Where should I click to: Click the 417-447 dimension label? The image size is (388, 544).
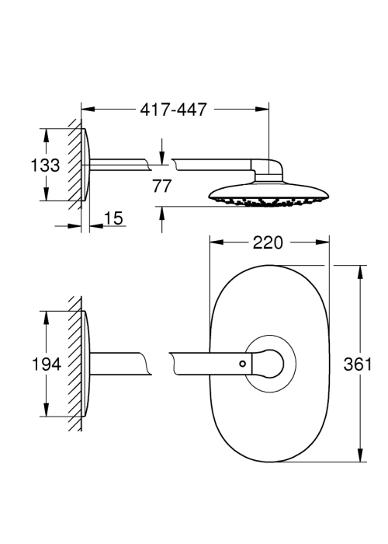point(173,110)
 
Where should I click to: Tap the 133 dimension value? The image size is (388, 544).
point(45,165)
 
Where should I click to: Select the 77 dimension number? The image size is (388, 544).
point(161,186)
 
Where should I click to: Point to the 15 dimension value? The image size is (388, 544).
point(113,218)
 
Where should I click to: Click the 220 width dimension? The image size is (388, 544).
point(268,242)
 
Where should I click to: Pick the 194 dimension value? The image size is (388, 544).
point(46,364)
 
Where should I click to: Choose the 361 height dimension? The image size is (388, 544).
point(357,364)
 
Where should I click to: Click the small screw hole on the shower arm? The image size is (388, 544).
point(242,364)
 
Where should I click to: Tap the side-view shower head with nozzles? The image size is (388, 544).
point(268,194)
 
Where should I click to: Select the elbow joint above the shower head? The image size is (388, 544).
point(268,170)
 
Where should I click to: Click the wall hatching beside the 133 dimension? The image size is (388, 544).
point(74,164)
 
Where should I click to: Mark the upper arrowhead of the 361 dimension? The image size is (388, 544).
point(360,272)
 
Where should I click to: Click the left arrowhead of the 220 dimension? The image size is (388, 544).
point(217,242)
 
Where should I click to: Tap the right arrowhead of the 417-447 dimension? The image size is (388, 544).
point(262,110)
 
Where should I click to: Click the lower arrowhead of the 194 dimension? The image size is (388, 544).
point(46,410)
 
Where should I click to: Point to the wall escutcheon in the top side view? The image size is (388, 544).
point(86,165)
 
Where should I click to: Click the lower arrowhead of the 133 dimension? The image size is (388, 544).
point(46,194)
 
